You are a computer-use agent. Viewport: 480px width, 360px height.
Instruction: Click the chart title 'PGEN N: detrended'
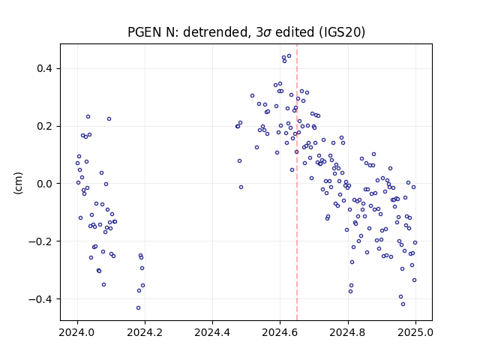point(187,32)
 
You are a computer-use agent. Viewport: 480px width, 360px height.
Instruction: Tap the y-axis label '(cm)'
point(18,183)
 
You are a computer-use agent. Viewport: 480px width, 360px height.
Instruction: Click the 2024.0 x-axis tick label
point(77,332)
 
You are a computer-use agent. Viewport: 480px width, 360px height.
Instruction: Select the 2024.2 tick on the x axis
point(145,332)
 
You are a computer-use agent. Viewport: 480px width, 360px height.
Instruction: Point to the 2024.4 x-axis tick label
point(212,332)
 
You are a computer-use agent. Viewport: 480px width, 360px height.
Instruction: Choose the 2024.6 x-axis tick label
point(280,332)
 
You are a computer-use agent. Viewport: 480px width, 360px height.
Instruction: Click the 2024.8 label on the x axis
point(347,332)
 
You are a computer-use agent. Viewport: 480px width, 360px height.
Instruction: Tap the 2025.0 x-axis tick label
point(415,332)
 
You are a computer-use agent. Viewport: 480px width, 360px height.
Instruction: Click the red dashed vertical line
point(297,182)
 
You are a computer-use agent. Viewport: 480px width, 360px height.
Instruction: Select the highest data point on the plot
point(289,56)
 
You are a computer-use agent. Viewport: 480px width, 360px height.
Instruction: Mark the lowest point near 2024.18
point(138,308)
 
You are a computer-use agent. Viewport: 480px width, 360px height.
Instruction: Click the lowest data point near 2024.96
point(403,304)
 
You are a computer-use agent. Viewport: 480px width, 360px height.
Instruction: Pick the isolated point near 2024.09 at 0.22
point(109,119)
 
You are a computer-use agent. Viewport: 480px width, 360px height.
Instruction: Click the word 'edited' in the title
point(295,32)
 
